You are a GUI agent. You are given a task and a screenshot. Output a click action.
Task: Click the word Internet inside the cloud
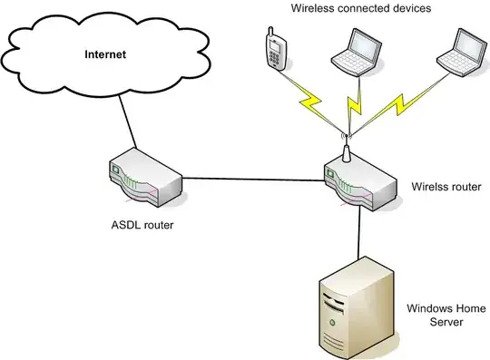pyautogui.click(x=105, y=54)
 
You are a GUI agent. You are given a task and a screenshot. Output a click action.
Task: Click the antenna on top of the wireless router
pyautogui.click(x=345, y=151)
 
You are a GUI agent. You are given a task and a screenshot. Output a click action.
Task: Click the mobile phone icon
pyautogui.click(x=275, y=53)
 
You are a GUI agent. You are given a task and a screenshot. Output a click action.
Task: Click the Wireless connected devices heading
pyautogui.click(x=360, y=9)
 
